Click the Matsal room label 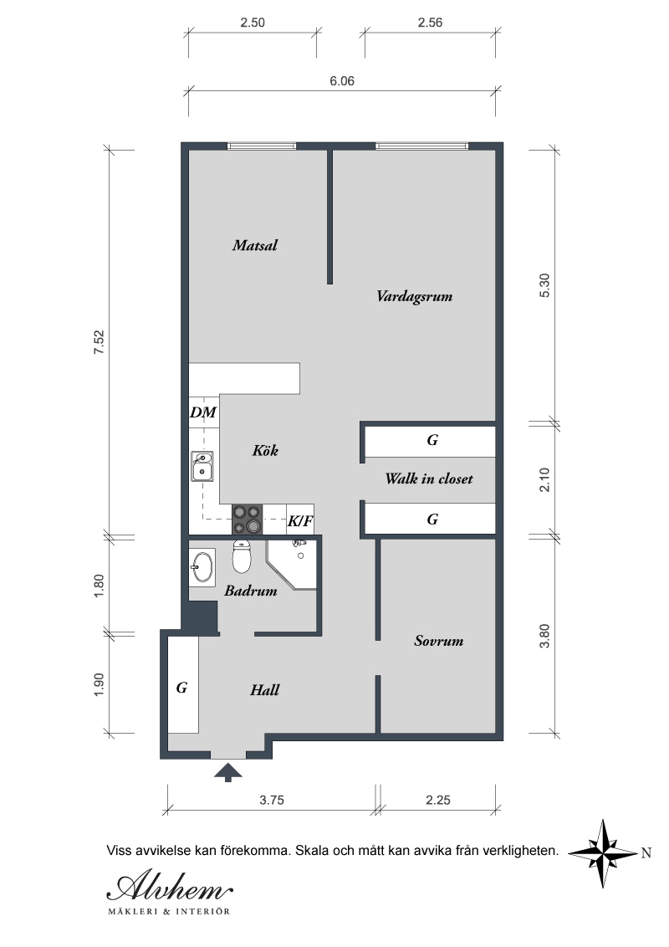pos(255,245)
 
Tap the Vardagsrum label pos(414,296)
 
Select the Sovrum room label pos(438,641)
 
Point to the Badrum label pos(251,591)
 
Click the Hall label pos(264,689)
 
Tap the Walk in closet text pos(429,479)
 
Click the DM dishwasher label pos(203,412)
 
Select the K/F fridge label pos(299,520)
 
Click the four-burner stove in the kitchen pos(248,520)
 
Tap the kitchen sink pos(202,466)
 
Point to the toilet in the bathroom pos(242,557)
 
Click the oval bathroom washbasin pos(202,567)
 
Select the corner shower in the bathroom pos(292,564)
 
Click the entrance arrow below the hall pos(228,772)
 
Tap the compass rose pos(604,853)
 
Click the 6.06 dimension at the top pos(342,81)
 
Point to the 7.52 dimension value pos(99,342)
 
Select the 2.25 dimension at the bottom pos(437,801)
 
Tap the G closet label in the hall pos(181,688)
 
